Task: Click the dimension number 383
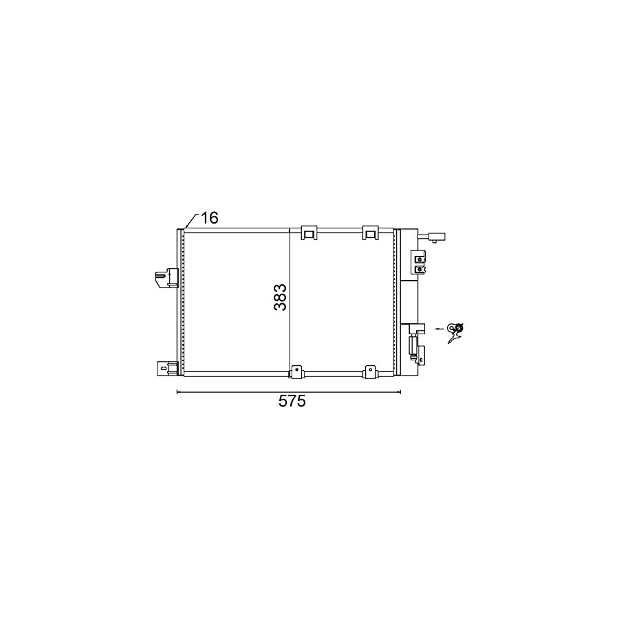point(280,297)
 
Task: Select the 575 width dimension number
point(292,401)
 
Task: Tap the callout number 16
point(210,217)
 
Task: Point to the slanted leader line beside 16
point(191,221)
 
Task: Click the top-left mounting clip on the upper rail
point(309,232)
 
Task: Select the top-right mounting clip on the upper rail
point(370,232)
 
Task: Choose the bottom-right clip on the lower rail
point(370,372)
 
